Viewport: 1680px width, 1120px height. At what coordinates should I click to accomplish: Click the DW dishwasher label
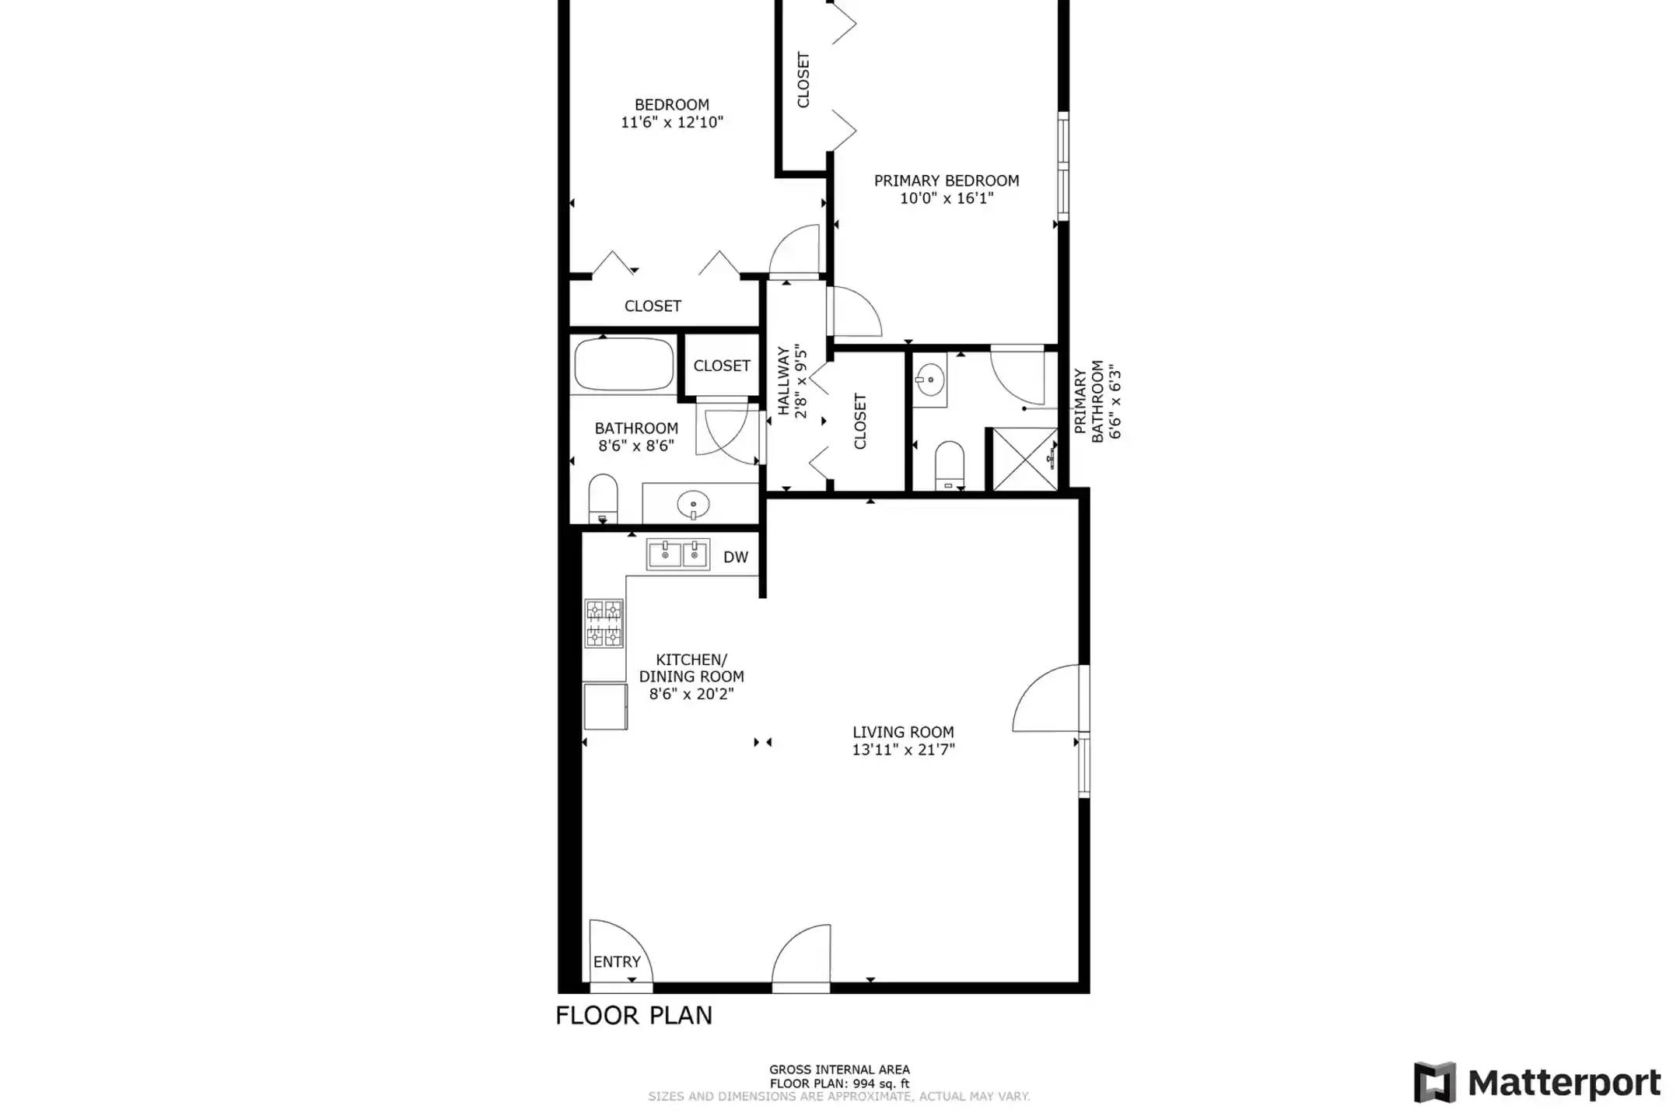click(735, 557)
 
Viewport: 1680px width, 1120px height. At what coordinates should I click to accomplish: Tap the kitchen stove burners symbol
click(604, 623)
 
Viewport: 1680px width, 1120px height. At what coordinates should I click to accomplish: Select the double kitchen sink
click(677, 555)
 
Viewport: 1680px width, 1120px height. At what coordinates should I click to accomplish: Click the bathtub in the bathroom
click(624, 364)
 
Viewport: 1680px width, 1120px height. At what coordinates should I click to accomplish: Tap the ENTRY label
click(617, 962)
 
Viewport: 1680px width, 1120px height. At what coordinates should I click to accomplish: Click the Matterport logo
click(1537, 1082)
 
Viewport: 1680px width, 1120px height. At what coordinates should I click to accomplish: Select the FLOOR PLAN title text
click(634, 1016)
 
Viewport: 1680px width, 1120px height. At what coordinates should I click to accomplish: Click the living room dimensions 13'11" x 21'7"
click(903, 750)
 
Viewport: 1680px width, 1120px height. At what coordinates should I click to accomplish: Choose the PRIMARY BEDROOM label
click(947, 181)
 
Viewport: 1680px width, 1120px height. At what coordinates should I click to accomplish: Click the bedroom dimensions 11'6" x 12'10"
click(672, 122)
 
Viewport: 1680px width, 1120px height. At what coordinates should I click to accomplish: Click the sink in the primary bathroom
click(929, 380)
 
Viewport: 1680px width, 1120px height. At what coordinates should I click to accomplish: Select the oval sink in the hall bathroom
click(693, 505)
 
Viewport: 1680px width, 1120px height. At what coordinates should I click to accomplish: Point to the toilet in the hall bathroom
click(603, 499)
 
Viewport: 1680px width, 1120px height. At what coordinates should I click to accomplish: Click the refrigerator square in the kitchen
click(605, 707)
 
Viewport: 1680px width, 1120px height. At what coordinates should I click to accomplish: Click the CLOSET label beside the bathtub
click(722, 366)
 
